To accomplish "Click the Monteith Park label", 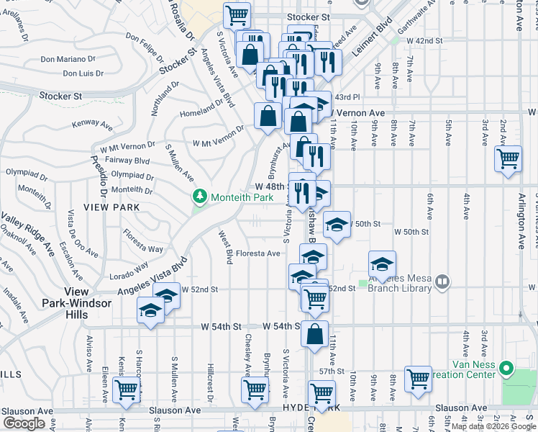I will [x=232, y=197].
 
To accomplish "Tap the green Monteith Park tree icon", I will [x=199, y=196].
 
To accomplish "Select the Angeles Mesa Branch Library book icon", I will [x=443, y=282].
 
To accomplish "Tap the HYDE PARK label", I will [x=322, y=408].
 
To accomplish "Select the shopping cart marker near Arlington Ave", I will [x=509, y=158].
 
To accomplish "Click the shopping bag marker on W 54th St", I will [x=314, y=333].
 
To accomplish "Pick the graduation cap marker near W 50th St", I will [x=337, y=224].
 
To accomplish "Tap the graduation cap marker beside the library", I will [x=383, y=264].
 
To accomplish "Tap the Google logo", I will [x=24, y=423].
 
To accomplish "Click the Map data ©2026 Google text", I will [x=493, y=426].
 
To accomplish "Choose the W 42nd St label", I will [x=423, y=42].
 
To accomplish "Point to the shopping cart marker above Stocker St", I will [x=236, y=15].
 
